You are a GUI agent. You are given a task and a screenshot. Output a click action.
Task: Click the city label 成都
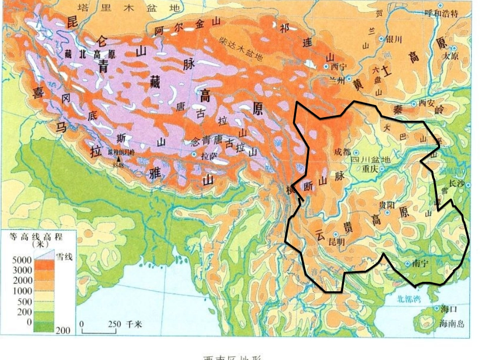pos(342,152)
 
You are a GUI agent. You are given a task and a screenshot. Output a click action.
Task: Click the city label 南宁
pos(420,263)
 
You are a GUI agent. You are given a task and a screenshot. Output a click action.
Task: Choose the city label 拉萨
pos(209,156)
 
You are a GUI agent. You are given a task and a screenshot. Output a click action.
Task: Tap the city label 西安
pos(426,102)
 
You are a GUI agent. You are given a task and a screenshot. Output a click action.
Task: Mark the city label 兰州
pos(337,80)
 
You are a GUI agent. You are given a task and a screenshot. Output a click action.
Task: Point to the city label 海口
pos(449,308)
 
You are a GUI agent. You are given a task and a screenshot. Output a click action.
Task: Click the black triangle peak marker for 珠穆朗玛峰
pos(119,158)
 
